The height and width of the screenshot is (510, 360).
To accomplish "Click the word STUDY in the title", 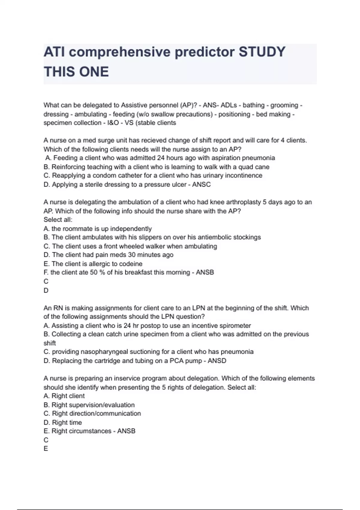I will pos(262,52).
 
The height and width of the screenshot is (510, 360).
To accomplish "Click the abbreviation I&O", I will pos(113,123).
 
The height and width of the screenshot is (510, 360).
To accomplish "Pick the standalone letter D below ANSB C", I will pos(46,290).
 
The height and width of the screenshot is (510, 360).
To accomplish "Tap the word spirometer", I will pos(235,325).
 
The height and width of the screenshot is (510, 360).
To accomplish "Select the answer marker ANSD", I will pos(217,361).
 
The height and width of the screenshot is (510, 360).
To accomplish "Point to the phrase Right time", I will pos(67,422).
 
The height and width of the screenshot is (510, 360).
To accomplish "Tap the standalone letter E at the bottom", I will pos(46,449).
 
